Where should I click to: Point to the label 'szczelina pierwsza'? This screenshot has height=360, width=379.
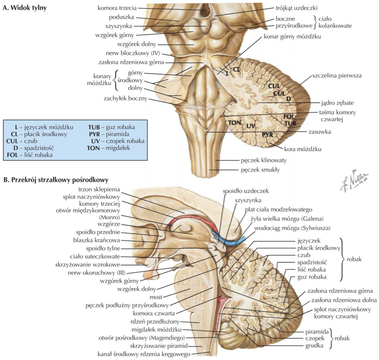tap(337, 74)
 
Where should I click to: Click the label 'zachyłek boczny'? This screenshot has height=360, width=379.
tap(125, 98)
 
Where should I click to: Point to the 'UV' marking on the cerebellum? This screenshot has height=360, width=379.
tap(251, 126)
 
